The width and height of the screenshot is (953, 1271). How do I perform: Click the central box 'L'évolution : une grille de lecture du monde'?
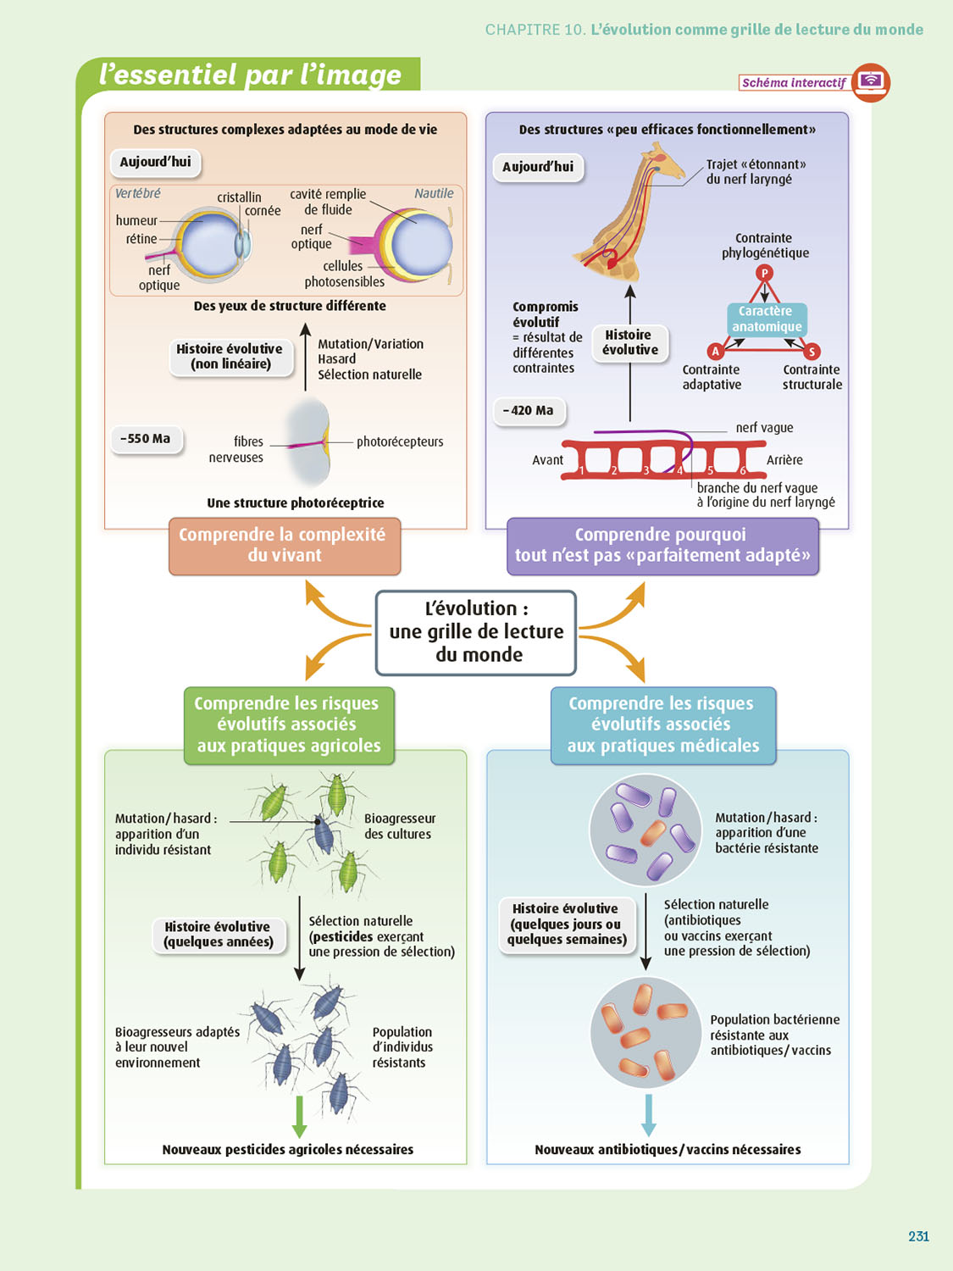coord(476,632)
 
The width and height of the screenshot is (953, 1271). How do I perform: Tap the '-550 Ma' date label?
coord(146,439)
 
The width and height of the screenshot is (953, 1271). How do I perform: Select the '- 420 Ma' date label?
coord(529,411)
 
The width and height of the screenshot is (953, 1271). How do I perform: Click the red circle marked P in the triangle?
coord(764,273)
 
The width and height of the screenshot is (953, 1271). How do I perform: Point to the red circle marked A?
coord(715,351)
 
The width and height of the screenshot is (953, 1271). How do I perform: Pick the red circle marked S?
coord(812,351)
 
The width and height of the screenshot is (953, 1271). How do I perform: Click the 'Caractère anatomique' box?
coord(767,319)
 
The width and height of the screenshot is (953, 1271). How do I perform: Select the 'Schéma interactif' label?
coord(794,82)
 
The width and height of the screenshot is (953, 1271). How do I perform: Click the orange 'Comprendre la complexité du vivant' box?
coord(284,546)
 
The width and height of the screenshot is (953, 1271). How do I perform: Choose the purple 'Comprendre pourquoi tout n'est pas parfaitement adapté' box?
coord(662,546)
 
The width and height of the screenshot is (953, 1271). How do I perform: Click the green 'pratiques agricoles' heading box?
coord(288,725)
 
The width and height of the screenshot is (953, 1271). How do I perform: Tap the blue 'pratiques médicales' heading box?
coord(662,725)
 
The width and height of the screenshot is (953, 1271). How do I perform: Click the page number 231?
coord(918,1236)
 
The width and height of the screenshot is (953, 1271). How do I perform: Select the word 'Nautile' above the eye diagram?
coord(434,193)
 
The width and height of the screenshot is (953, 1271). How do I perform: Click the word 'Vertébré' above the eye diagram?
coord(138,193)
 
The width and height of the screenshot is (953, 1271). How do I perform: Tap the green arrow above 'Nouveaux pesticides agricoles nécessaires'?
coord(299,1117)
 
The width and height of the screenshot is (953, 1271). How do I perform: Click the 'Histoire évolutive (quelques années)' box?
coord(219,935)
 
